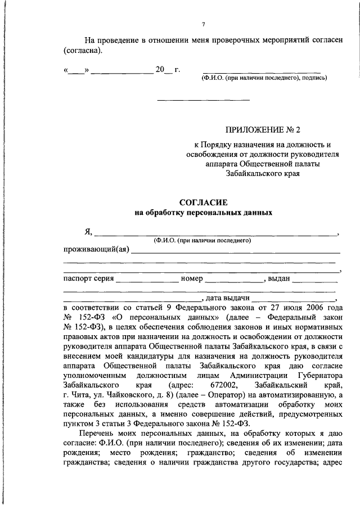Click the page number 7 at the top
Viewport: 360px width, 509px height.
204,24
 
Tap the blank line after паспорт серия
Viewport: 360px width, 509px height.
147,280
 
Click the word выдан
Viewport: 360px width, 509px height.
280,278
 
